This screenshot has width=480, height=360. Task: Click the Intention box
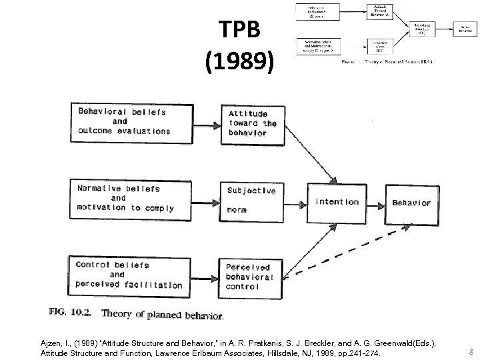(337, 202)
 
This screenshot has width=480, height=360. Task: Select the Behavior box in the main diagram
(411, 203)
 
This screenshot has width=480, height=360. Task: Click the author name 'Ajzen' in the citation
(53, 341)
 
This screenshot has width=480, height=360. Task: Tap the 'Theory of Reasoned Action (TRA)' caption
(387, 62)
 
